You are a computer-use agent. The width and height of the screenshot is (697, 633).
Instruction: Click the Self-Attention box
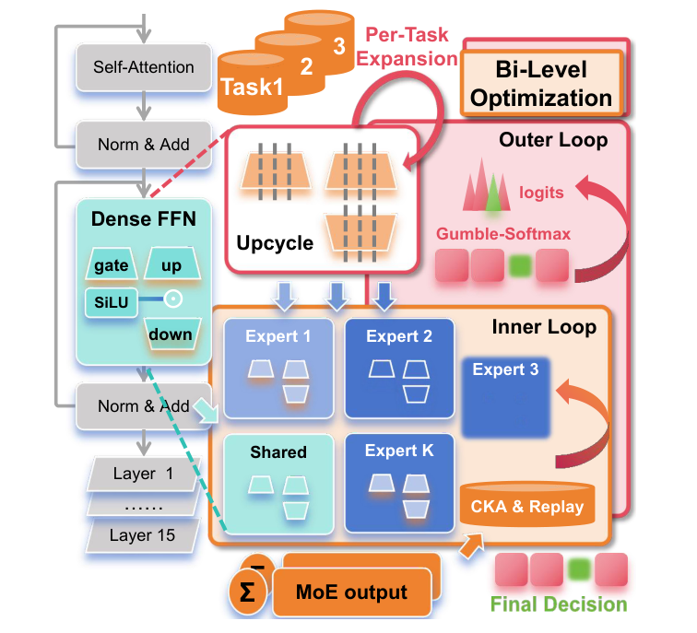tap(144, 67)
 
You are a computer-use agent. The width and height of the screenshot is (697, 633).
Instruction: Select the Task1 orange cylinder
tap(252, 83)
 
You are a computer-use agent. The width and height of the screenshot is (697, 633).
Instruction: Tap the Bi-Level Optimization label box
tap(541, 83)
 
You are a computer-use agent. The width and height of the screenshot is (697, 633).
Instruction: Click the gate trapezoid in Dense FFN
tap(112, 264)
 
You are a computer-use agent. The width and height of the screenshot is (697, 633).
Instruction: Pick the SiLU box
tap(112, 302)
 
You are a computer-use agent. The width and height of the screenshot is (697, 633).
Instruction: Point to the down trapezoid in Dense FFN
tap(171, 334)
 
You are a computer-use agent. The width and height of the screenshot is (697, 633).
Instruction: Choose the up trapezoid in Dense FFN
tap(172, 264)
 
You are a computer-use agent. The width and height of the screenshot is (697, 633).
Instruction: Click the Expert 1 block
tap(278, 369)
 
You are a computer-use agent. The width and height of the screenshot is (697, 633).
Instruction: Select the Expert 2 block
tap(399, 369)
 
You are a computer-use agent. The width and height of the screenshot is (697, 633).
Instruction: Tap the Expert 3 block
tap(506, 397)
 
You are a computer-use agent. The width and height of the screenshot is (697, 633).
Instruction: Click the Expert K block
tap(399, 483)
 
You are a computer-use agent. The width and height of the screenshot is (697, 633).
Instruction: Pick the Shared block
tap(278, 484)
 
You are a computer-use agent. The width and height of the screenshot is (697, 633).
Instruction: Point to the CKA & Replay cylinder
tap(527, 505)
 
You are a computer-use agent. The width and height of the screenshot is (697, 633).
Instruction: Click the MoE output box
tap(352, 592)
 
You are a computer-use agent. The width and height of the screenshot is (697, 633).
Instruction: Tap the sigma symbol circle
tap(248, 592)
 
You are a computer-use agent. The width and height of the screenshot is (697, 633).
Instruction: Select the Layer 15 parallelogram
tap(142, 535)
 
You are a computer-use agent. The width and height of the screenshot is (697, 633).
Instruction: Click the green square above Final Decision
tap(579, 569)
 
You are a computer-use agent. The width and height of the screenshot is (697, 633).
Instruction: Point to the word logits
tap(541, 193)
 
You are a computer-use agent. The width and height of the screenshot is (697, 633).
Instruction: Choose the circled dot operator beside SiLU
tap(173, 299)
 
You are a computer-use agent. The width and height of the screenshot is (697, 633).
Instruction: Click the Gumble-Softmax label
tap(503, 233)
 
